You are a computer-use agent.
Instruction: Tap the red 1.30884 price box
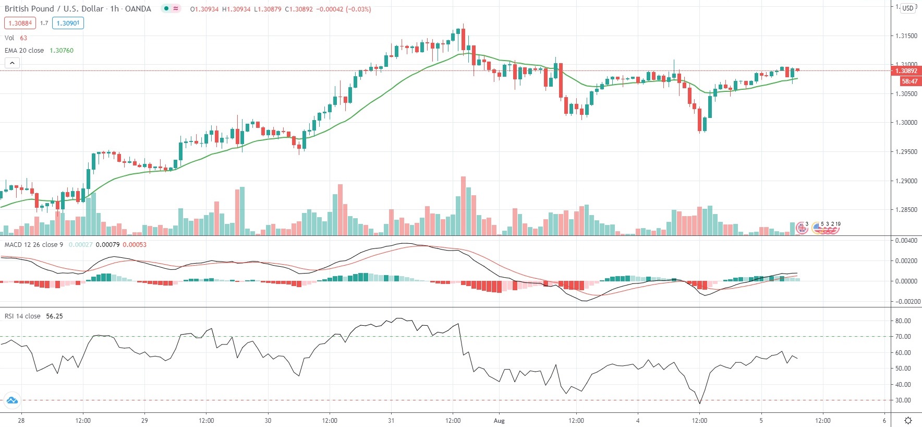[20, 23]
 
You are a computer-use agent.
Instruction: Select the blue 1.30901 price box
[68, 23]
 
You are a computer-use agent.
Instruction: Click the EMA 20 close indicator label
[25, 51]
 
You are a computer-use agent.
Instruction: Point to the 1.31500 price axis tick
[906, 36]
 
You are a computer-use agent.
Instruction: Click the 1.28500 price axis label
[906, 210]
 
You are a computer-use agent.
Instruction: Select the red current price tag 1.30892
[906, 71]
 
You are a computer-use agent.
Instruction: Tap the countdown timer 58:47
[909, 81]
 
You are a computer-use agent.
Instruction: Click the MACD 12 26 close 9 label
[34, 245]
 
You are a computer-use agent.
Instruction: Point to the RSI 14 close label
[22, 316]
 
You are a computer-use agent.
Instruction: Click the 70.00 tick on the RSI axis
[903, 337]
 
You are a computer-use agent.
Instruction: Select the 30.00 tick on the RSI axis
[903, 400]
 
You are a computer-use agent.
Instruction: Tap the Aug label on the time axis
[499, 421]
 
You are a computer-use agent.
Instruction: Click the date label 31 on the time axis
[391, 421]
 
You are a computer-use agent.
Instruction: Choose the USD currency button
[908, 8]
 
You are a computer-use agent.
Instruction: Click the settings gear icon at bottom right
[908, 421]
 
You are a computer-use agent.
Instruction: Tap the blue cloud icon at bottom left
[11, 401]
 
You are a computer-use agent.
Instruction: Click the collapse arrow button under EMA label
[12, 63]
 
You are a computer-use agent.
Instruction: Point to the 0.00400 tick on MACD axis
[906, 241]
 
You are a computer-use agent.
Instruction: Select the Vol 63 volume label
[16, 38]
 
